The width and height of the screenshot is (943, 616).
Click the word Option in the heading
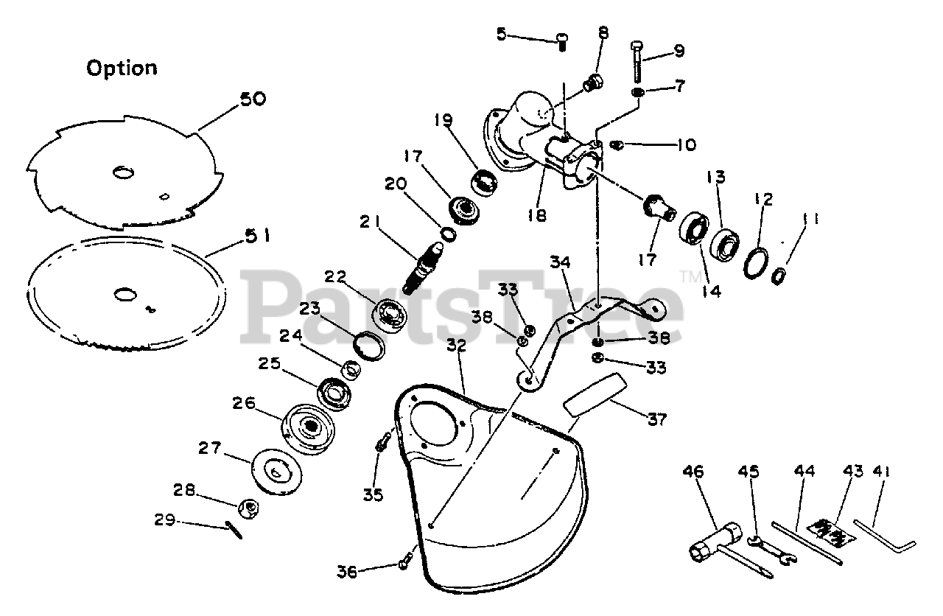[x=122, y=69]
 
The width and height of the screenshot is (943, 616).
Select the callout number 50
[x=253, y=99]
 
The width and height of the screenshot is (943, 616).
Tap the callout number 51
[x=258, y=237]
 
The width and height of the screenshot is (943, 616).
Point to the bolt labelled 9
[x=637, y=63]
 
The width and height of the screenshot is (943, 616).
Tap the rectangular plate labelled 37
[x=595, y=396]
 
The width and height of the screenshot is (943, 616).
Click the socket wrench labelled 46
[x=719, y=541]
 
